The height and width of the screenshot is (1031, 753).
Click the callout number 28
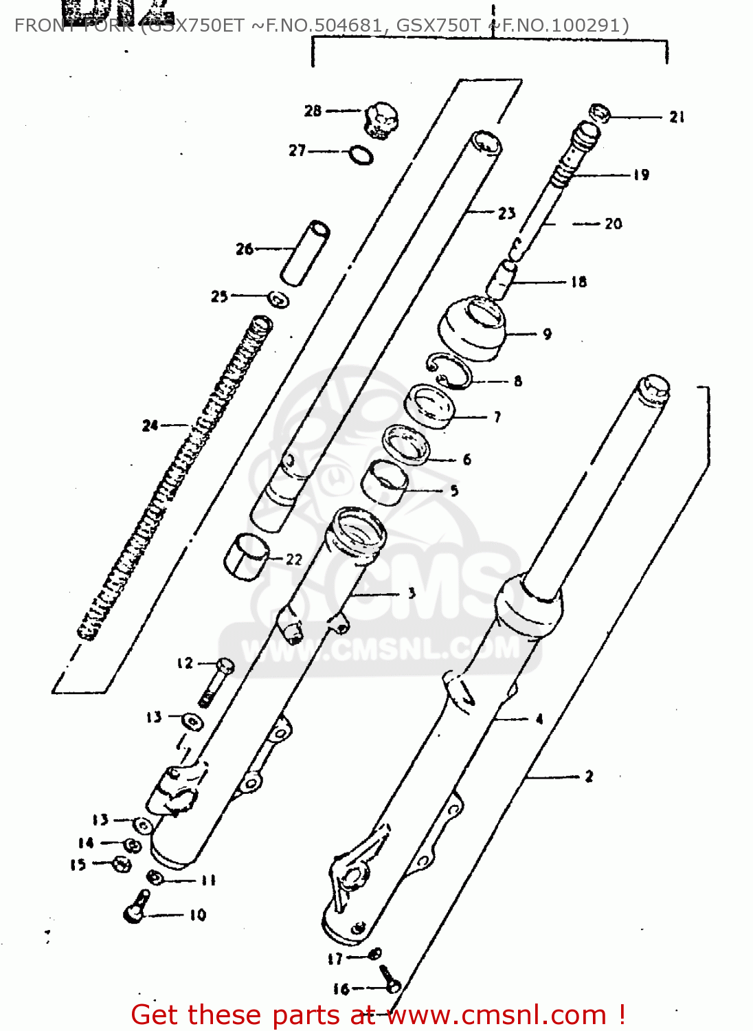pyautogui.click(x=313, y=111)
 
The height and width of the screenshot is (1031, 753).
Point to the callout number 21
pyautogui.click(x=677, y=118)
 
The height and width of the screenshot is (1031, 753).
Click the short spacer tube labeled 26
pyautogui.click(x=306, y=253)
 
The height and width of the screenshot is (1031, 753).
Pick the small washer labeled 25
pyautogui.click(x=278, y=300)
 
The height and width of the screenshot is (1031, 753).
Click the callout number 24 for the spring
pyautogui.click(x=150, y=426)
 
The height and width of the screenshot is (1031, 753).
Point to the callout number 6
pyautogui.click(x=467, y=459)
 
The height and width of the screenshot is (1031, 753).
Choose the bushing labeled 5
pyautogui.click(x=385, y=483)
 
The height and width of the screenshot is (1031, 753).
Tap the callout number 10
pyautogui.click(x=198, y=915)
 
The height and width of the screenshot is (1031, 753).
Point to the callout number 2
pyautogui.click(x=589, y=777)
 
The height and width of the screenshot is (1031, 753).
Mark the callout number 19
pyautogui.click(x=641, y=175)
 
